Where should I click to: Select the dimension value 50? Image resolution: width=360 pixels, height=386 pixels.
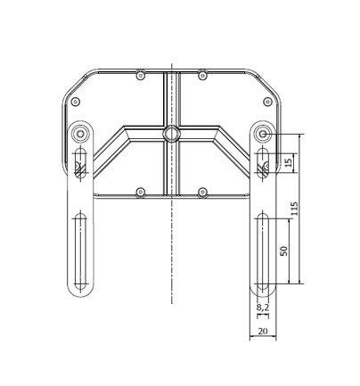click(283, 250)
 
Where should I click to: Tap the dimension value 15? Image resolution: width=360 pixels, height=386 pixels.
click(288, 162)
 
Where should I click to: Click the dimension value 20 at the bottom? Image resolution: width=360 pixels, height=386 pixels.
click(262, 331)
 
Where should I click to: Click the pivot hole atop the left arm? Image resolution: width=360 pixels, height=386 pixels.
click(81, 134)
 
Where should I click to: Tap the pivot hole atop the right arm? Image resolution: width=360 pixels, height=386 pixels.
click(263, 134)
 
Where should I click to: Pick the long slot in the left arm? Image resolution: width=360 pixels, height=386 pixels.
click(80, 250)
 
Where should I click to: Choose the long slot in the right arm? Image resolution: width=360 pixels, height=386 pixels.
click(263, 250)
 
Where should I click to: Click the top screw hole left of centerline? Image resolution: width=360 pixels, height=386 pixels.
click(140, 74)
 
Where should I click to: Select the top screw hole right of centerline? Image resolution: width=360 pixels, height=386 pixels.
click(202, 74)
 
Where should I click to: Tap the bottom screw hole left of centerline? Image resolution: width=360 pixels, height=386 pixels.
click(140, 192)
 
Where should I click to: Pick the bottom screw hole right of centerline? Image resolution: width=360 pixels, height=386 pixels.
click(202, 192)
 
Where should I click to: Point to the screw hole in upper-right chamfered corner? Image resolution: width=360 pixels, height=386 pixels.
click(266, 100)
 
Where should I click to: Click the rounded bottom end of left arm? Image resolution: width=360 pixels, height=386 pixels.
click(80, 293)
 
